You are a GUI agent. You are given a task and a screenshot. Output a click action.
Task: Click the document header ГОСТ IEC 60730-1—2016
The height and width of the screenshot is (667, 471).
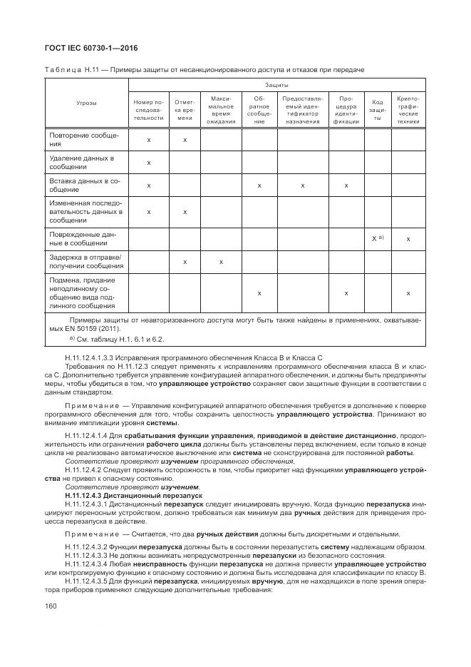pyautogui.click(x=91, y=48)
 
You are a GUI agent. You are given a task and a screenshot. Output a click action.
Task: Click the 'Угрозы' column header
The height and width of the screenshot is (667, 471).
pyautogui.click(x=86, y=103)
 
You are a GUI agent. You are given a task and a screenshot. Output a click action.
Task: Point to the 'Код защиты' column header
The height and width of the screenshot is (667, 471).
pyautogui.click(x=378, y=110)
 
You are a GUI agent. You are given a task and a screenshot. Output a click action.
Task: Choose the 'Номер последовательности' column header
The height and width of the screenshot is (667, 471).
pyautogui.click(x=148, y=110)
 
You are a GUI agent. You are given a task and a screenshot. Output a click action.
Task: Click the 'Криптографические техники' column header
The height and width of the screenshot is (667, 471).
pyautogui.click(x=408, y=110)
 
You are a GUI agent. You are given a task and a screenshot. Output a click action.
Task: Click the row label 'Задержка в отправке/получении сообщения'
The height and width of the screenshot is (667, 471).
pyautogui.click(x=86, y=262)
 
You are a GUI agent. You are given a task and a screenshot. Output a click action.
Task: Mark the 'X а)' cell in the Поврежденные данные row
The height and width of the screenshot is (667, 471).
pyautogui.click(x=378, y=238)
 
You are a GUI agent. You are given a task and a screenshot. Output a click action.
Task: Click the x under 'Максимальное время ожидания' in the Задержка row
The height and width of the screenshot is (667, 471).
pyautogui.click(x=222, y=262)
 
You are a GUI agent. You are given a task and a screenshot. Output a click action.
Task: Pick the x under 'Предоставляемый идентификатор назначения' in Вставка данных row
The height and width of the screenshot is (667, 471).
pyautogui.click(x=303, y=185)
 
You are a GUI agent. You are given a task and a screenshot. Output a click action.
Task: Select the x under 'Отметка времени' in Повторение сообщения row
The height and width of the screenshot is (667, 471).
pyautogui.click(x=185, y=140)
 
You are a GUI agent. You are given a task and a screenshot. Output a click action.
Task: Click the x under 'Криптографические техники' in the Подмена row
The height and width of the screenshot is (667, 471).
pyautogui.click(x=408, y=293)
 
